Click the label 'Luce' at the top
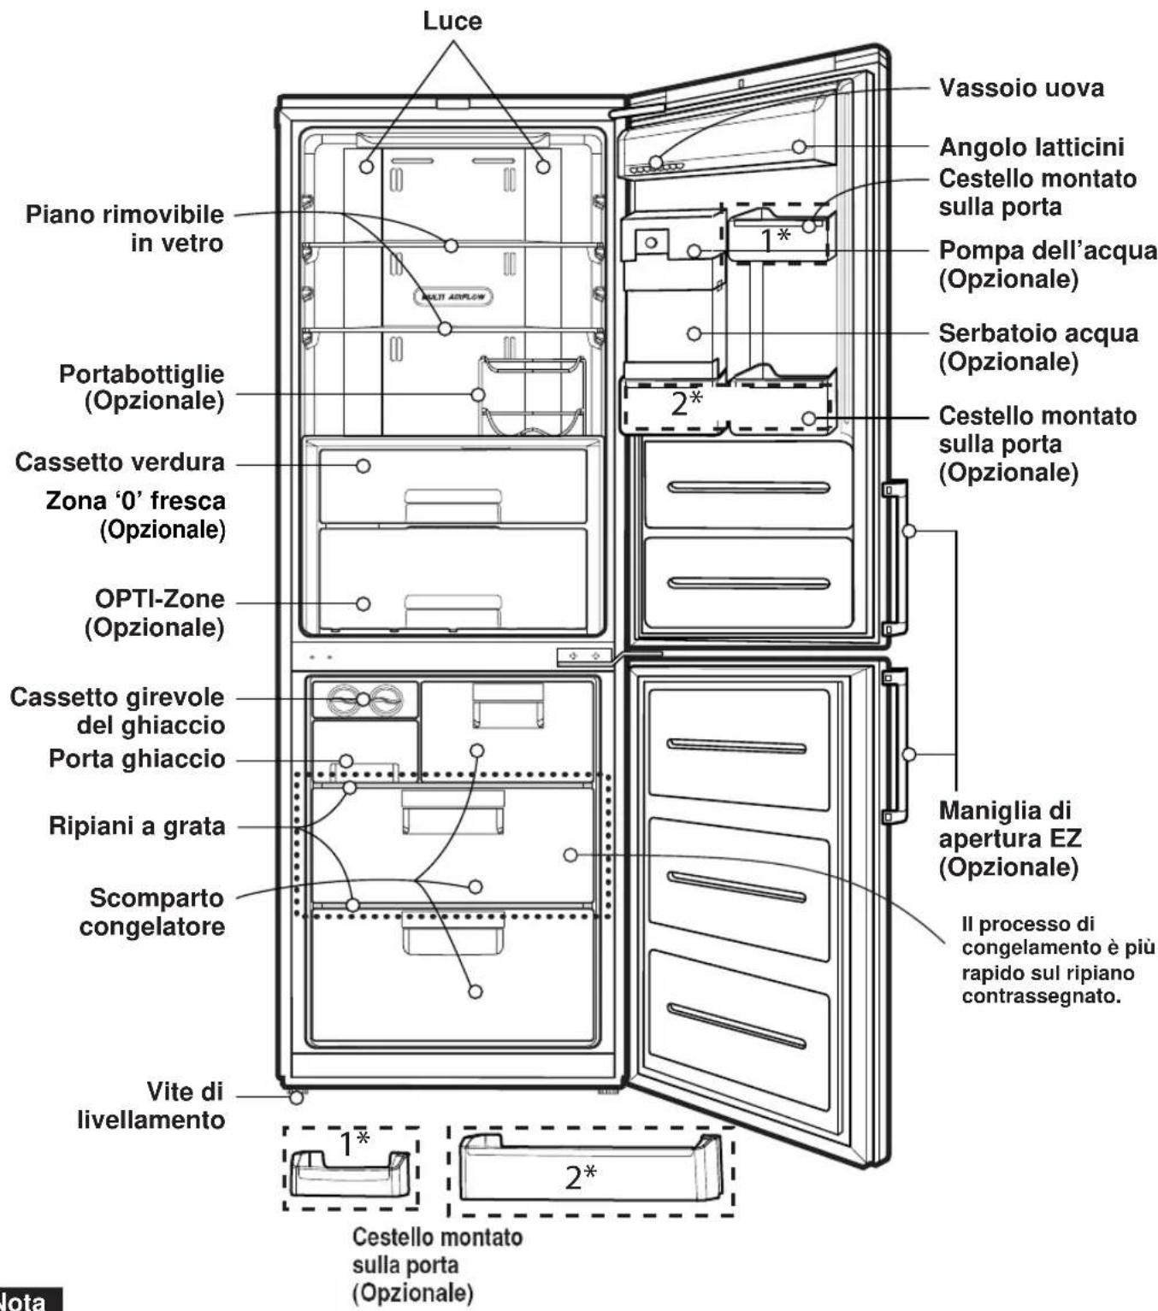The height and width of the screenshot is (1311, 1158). (x=452, y=21)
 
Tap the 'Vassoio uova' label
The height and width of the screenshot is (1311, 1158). (x=1021, y=87)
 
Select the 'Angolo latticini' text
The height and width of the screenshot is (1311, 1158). (x=1031, y=147)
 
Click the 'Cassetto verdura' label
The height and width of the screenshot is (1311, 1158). (x=120, y=462)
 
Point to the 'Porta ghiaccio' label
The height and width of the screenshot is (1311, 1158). (x=137, y=758)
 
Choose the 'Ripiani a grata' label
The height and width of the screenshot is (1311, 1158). (x=137, y=826)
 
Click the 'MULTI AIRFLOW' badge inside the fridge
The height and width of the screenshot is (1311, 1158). (x=452, y=297)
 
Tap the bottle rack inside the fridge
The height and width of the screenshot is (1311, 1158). (x=531, y=395)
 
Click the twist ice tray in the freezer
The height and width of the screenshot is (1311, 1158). (x=364, y=699)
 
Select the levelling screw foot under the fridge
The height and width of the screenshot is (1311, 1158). (x=297, y=1096)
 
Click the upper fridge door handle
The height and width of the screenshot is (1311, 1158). (x=895, y=557)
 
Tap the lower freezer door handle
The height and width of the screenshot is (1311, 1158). (x=895, y=745)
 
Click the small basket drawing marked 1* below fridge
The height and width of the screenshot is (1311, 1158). (x=351, y=1172)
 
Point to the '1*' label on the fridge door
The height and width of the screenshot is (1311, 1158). (x=775, y=239)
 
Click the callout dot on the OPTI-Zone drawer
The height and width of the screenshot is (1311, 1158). (x=363, y=603)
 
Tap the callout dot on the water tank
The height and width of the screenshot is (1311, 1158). (x=694, y=333)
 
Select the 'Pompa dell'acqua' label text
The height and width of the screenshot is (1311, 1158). (x=1048, y=250)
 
